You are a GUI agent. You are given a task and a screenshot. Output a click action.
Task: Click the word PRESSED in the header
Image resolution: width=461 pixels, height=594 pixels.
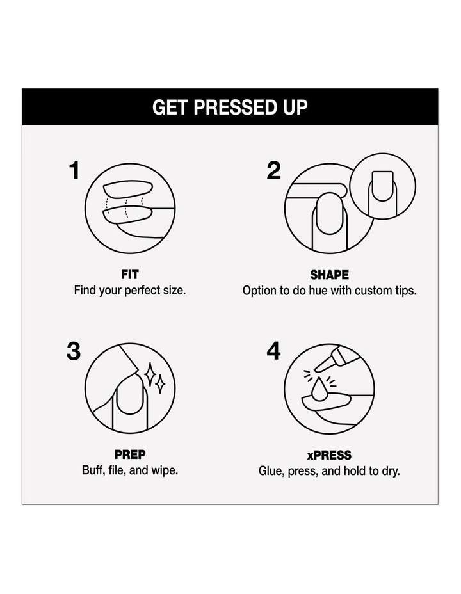pos(235,107)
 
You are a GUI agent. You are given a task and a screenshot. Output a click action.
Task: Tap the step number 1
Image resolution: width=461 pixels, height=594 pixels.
pos(75,170)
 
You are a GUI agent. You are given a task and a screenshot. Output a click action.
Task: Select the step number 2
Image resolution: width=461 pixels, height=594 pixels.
pos(274,170)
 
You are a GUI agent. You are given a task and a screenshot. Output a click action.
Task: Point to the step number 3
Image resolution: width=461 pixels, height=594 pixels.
pos(74,351)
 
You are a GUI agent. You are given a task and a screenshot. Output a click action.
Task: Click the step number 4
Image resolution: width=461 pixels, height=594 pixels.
pos(273,351)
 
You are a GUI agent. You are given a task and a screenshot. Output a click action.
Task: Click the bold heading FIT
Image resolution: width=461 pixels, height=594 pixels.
pos(130,274)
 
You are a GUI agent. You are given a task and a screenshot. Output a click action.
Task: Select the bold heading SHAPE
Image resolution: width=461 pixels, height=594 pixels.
pos(330,275)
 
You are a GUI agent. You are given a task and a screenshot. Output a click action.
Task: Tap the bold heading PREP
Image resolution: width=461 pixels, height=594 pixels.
pos(130,454)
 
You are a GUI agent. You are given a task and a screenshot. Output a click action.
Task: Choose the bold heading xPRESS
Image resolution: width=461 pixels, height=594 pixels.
pos(329,454)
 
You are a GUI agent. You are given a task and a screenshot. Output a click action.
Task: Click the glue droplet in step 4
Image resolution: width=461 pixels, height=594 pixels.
pos(320,389)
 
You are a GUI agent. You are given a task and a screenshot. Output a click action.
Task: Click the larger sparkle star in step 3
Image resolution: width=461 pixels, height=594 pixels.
pos(150,374)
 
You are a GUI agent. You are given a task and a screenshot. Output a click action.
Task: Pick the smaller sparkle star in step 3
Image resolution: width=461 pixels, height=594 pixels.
pos(161,384)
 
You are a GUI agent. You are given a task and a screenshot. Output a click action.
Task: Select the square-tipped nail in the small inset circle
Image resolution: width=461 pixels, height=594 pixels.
pos(382,186)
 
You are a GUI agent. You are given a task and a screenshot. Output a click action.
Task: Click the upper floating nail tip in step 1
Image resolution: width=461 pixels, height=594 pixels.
pos(128,188)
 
